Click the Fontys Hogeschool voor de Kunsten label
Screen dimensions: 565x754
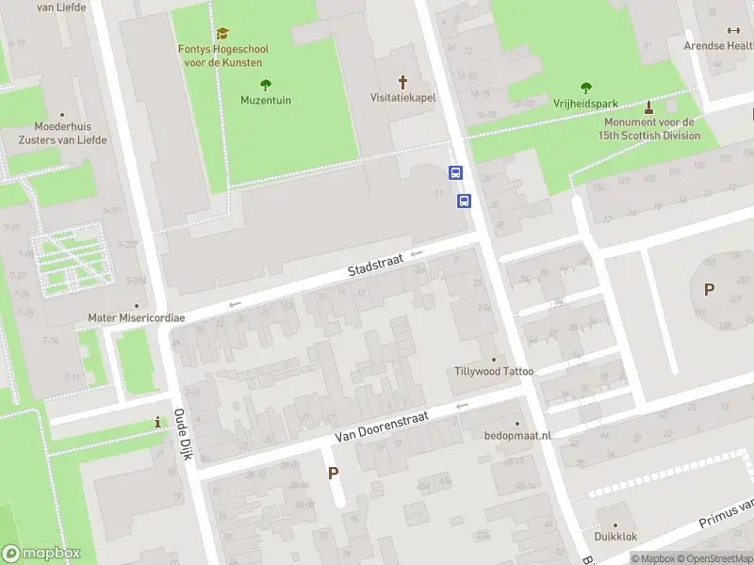221,56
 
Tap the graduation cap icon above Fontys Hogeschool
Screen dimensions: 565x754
221,34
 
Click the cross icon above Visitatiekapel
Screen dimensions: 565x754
403,82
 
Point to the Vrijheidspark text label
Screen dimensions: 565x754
586,104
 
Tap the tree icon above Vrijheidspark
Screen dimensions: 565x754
586,88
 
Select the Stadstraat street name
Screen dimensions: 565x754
374,268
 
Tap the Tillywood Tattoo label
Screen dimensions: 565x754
494,371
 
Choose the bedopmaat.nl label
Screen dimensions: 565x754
517,436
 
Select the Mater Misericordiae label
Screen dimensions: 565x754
137,318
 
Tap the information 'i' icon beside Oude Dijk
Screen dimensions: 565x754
157,424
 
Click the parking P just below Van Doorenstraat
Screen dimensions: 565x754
333,473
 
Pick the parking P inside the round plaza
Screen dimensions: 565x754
708,289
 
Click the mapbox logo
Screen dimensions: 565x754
41,553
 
